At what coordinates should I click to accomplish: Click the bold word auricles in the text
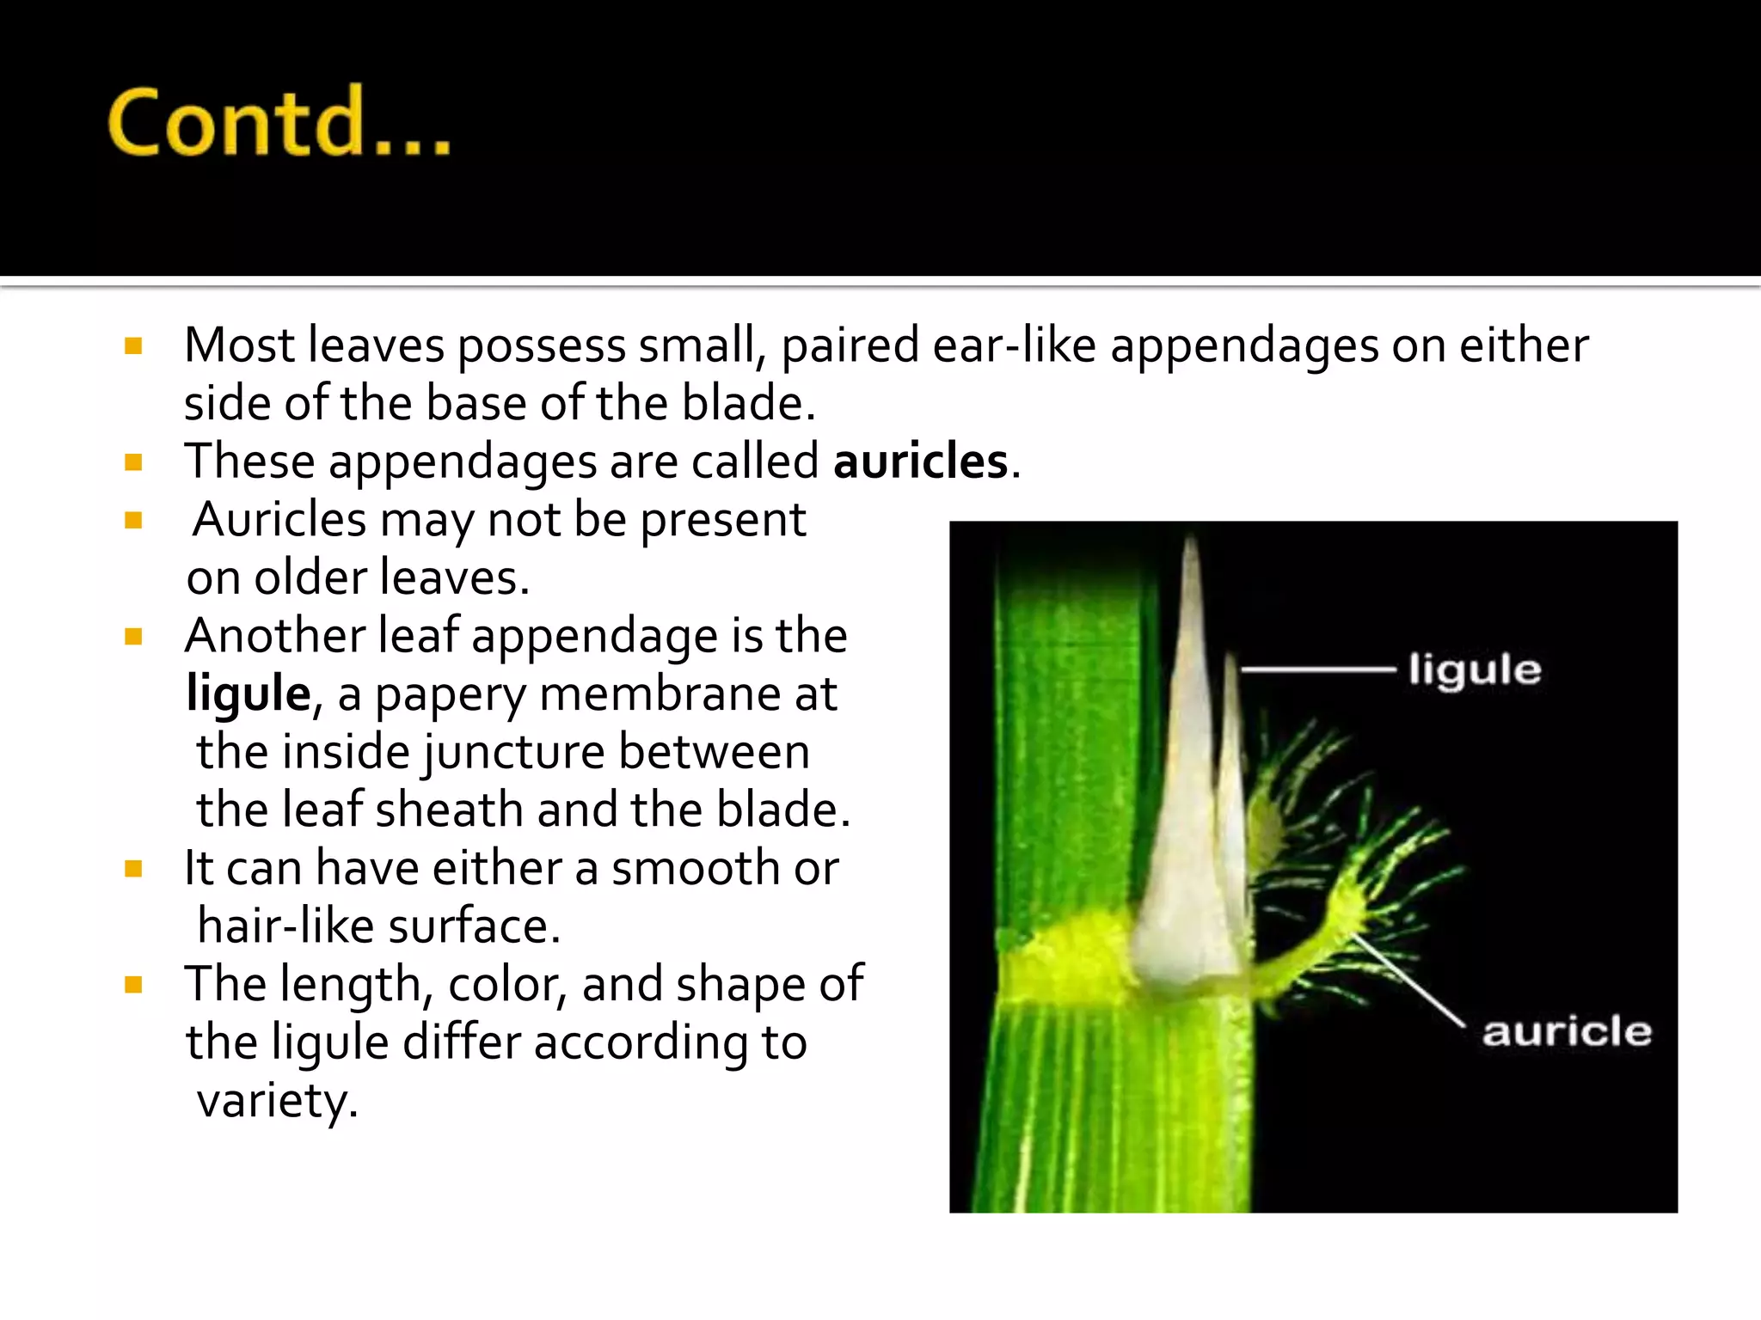click(920, 461)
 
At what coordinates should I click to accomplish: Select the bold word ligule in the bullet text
click(248, 694)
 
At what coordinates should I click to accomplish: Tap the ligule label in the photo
click(1475, 669)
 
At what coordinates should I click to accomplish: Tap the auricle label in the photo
click(1567, 1031)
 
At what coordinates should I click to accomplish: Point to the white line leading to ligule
click(1317, 669)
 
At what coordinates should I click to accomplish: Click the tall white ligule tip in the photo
click(1191, 602)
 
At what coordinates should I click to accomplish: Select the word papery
click(450, 696)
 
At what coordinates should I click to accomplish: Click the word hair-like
click(285, 926)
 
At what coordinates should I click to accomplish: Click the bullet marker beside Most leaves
click(132, 346)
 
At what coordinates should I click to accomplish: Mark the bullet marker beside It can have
click(132, 869)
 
